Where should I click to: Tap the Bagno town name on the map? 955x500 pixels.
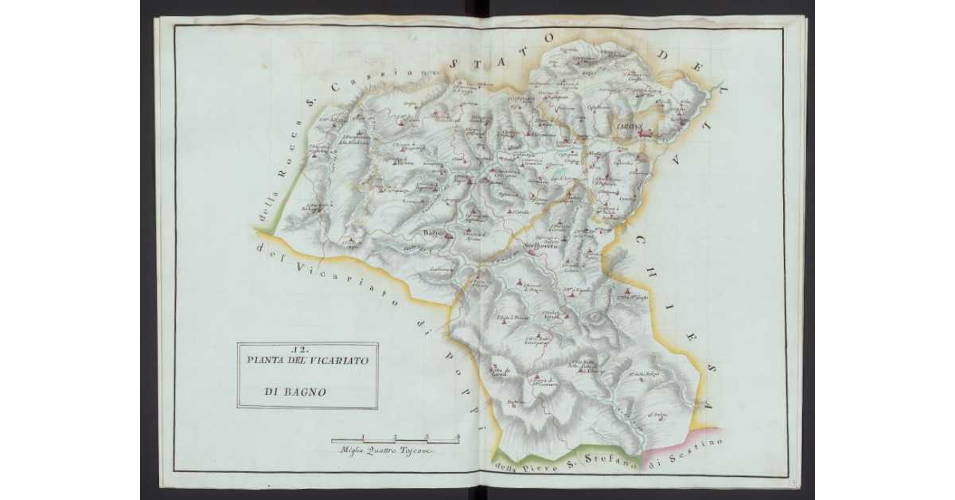click(x=433, y=232)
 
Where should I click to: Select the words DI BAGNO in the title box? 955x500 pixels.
click(x=291, y=392)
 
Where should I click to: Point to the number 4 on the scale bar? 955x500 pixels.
click(x=457, y=436)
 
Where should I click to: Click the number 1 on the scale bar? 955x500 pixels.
click(x=363, y=436)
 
